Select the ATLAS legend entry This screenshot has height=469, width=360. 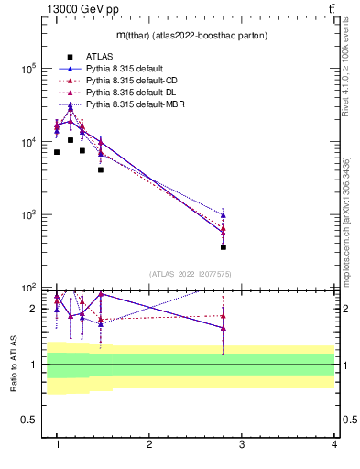coord(99,57)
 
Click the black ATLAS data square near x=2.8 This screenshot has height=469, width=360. coord(224,246)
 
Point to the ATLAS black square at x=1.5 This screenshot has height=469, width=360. coord(101,169)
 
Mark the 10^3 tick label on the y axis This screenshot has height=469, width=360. coord(27,215)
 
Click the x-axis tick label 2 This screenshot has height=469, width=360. coord(149,444)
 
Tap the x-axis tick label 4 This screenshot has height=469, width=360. coord(333,444)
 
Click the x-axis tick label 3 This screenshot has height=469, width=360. coord(242,444)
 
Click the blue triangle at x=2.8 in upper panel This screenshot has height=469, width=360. coord(224,215)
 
